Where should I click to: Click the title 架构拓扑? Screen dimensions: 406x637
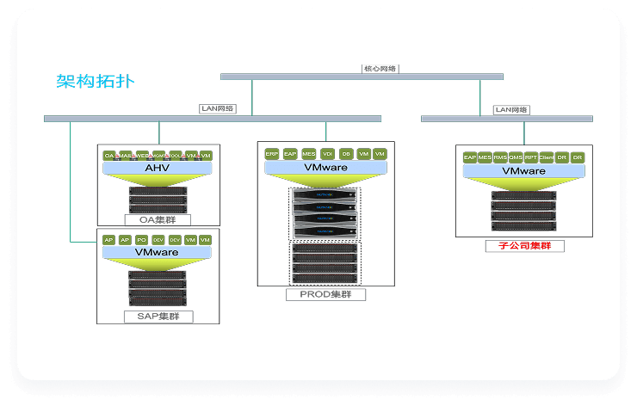click(95, 82)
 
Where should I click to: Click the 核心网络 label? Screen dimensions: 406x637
click(380, 68)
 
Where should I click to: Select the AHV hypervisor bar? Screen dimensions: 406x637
click(157, 168)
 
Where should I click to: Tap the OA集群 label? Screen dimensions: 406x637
click(157, 219)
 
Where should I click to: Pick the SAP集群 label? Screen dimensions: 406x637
click(157, 317)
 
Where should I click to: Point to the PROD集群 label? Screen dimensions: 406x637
click(325, 295)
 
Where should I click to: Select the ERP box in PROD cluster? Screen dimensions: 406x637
click(272, 153)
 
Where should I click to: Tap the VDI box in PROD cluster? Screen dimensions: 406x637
click(327, 153)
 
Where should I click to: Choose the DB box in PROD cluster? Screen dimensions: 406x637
click(346, 153)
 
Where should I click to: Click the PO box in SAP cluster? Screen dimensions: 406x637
click(141, 240)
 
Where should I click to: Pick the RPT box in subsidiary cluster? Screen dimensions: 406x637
click(531, 157)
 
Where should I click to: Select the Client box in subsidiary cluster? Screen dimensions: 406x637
click(546, 157)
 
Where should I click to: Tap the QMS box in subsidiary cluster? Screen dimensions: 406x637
click(516, 157)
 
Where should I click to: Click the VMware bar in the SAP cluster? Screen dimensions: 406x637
click(157, 252)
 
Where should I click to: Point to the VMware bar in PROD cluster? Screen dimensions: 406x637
click(325, 167)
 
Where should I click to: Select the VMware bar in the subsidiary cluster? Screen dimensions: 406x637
click(524, 170)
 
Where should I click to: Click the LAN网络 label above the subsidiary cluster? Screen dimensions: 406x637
click(511, 110)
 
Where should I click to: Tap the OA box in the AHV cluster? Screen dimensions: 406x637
click(109, 156)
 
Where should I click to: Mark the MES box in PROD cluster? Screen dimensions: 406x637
click(309, 153)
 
